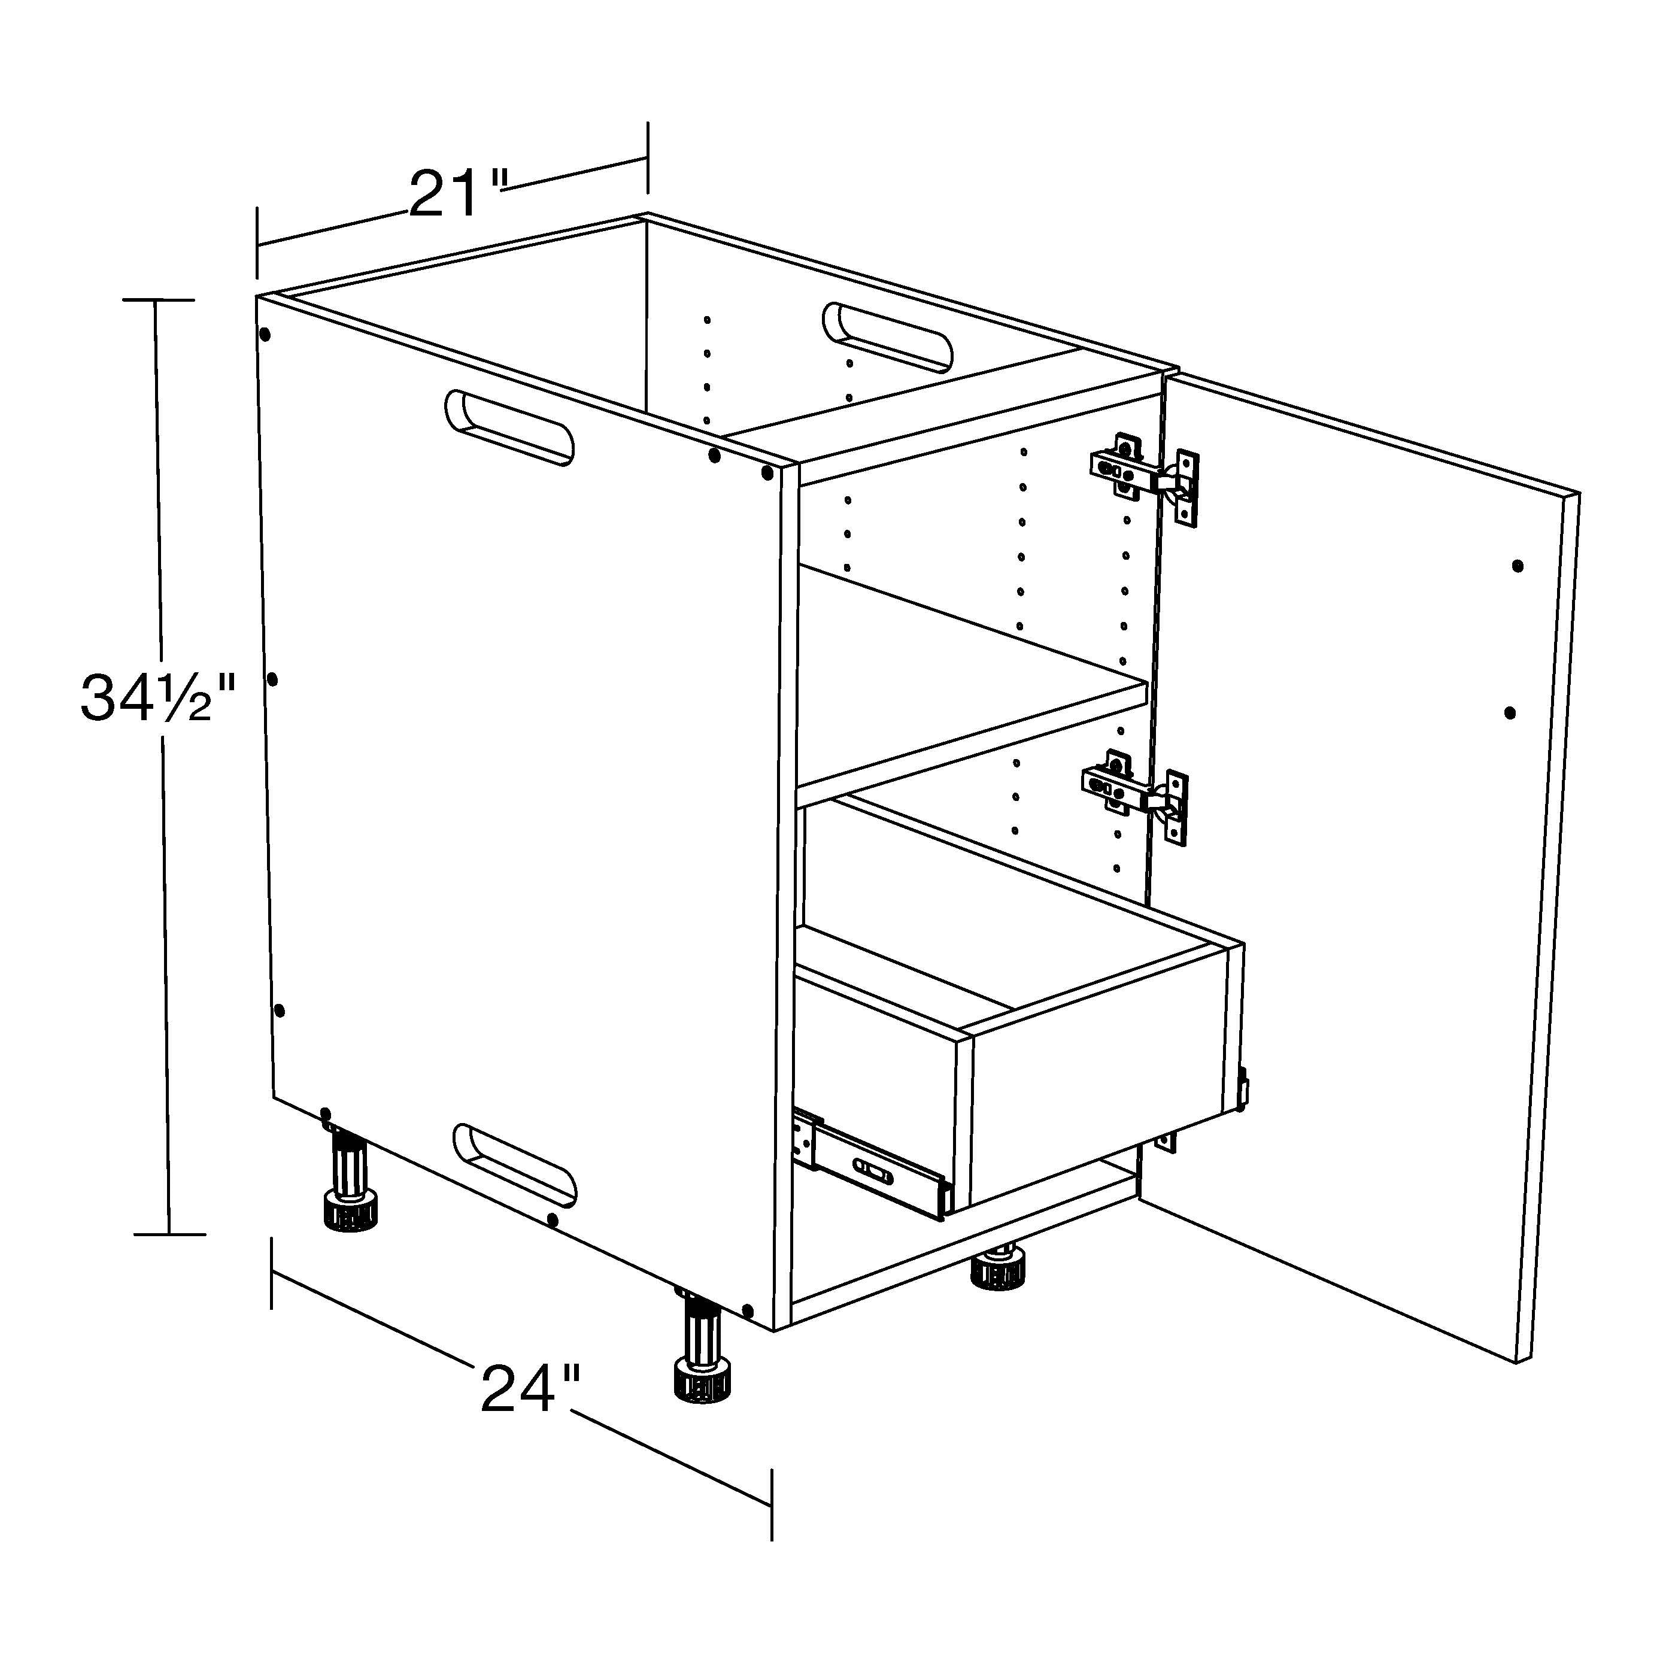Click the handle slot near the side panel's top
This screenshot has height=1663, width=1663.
pos(509,428)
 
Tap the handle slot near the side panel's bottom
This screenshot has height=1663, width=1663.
pos(515,1163)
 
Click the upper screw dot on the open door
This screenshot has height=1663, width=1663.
pos(1518,566)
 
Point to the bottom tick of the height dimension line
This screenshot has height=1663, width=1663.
pos(169,1233)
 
